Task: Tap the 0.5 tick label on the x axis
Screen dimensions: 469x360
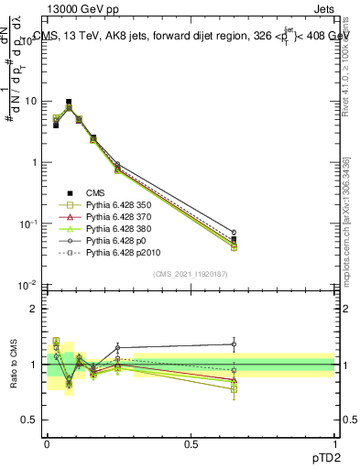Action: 191,443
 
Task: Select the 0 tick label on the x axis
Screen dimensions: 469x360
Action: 47,443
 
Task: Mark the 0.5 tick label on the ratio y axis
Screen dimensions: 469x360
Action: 29,420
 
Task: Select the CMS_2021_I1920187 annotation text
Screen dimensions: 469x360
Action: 191,273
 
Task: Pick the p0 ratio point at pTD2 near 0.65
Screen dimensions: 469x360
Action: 234,344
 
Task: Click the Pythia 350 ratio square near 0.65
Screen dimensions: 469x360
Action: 234,389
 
